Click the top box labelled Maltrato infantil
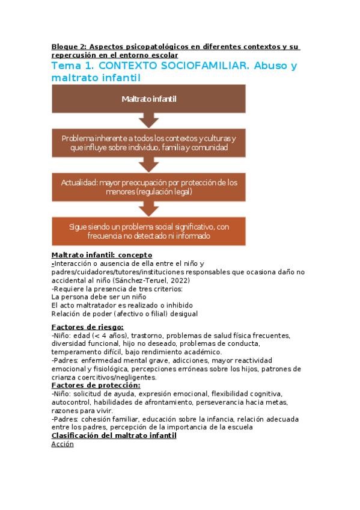[x=148, y=99]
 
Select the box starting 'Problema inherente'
[x=148, y=143]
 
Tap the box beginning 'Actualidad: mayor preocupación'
[x=148, y=186]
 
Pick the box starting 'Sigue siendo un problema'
[x=148, y=232]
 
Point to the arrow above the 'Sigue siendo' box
[x=148, y=209]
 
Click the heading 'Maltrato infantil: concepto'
[x=102, y=255]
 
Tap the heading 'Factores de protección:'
[x=96, y=385]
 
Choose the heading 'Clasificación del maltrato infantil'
[x=114, y=435]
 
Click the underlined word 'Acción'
[x=63, y=444]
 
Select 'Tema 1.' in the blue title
[x=73, y=66]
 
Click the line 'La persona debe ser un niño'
[x=99, y=296]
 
